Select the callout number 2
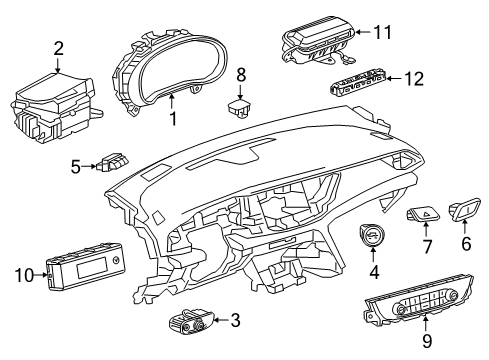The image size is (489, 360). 58,47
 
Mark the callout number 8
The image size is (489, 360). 240,75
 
